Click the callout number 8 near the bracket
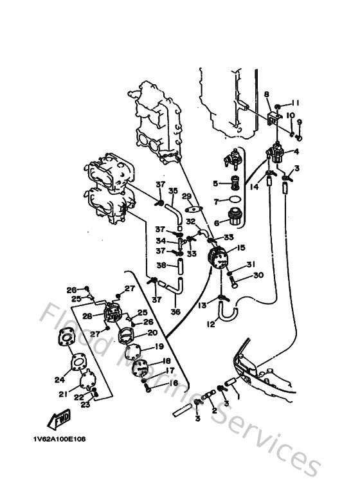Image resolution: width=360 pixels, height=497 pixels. pyautogui.click(x=266, y=95)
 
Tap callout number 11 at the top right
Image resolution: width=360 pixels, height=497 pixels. pyautogui.click(x=296, y=103)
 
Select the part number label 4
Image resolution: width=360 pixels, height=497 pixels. pyautogui.click(x=297, y=152)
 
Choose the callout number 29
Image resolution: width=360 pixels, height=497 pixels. pyautogui.click(x=186, y=195)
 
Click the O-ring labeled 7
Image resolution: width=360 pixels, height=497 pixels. pyautogui.click(x=237, y=201)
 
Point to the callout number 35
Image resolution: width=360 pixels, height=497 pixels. pyautogui.click(x=172, y=191)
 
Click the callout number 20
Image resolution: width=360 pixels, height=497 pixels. pyautogui.click(x=152, y=333)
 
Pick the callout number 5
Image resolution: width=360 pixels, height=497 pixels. pyautogui.click(x=216, y=183)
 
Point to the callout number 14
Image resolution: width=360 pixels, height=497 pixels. pyautogui.click(x=254, y=186)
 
